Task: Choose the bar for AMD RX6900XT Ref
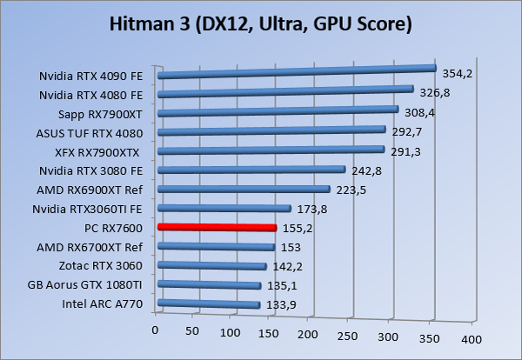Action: (x=243, y=190)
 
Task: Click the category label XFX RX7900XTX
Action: (x=103, y=151)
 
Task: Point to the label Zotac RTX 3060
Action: (x=103, y=265)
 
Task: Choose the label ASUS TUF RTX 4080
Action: (x=96, y=132)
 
